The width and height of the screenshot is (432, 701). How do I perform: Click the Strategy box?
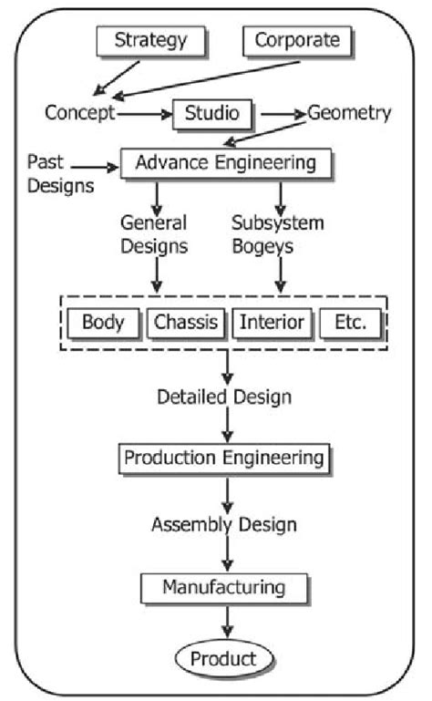(151, 39)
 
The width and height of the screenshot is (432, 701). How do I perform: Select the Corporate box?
(296, 39)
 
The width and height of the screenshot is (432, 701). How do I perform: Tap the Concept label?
(80, 113)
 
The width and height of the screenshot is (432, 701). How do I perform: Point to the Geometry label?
(349, 113)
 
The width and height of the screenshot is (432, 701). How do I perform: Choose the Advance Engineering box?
(225, 163)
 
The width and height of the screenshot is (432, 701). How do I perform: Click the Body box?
(103, 321)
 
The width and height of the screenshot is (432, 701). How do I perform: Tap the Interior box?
(272, 321)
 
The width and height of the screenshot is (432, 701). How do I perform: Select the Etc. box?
(350, 321)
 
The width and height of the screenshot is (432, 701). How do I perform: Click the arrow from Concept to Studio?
(145, 115)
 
